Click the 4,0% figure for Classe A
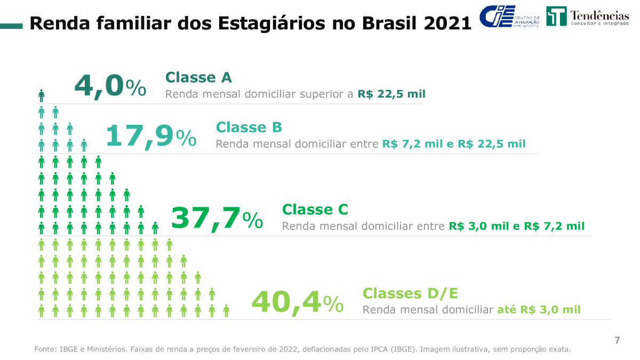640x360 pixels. [110, 86]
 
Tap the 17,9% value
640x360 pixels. [150, 136]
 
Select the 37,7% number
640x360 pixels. [217, 219]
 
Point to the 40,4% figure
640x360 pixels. [297, 302]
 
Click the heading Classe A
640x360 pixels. [198, 77]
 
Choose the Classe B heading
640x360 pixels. [249, 127]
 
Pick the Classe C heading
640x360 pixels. [315, 209]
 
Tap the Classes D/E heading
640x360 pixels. [410, 293]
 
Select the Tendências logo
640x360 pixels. [587, 17]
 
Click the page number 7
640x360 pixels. [617, 340]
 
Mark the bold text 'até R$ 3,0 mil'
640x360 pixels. [539, 309]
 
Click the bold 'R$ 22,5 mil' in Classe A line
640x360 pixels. [391, 94]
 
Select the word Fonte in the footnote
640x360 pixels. [45, 349]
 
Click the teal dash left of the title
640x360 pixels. [11, 25]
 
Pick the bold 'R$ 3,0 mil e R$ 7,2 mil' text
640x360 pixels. [516, 226]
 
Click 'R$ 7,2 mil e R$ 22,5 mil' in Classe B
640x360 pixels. [453, 144]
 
